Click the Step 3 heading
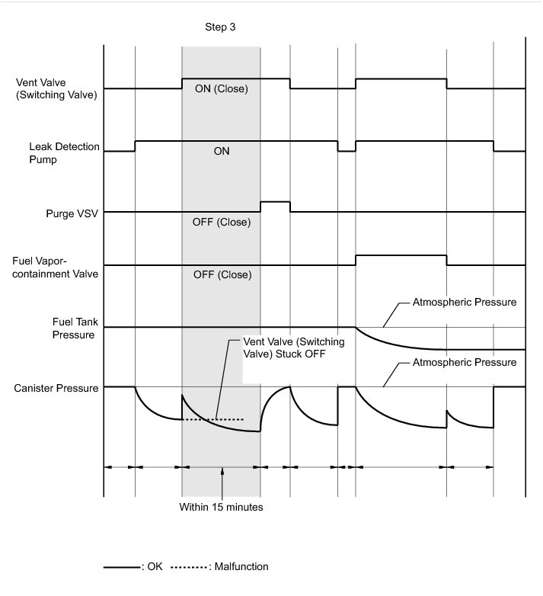click(221, 27)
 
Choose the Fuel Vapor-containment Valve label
click(56, 266)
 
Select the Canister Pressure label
click(56, 389)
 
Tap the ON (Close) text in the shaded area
click(222, 88)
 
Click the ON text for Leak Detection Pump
click(222, 151)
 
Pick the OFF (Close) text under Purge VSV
click(222, 223)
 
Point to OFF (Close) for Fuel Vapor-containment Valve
click(222, 275)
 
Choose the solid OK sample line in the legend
click(123, 567)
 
